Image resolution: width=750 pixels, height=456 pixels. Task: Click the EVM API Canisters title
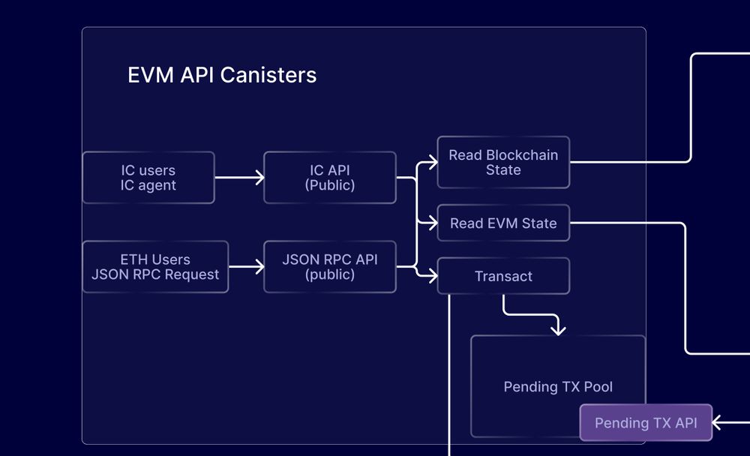222,76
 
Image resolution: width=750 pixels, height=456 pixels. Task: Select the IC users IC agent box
148,178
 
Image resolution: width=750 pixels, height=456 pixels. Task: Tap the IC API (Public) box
330,178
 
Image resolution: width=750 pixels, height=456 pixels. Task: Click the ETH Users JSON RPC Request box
155,267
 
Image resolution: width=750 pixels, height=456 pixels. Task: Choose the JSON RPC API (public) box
330,267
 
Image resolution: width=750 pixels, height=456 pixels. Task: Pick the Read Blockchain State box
503,162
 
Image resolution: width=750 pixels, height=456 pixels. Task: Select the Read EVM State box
503,223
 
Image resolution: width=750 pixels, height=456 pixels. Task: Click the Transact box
503,277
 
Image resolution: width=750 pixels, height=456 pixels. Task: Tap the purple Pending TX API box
646,423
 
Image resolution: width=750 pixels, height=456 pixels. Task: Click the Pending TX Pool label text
558,387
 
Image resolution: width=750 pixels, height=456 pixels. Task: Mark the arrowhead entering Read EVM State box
433,223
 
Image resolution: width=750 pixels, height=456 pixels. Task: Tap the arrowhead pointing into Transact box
433,276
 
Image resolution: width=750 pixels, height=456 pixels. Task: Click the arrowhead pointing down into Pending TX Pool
557,328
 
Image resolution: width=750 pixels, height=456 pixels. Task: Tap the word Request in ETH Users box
192,274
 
